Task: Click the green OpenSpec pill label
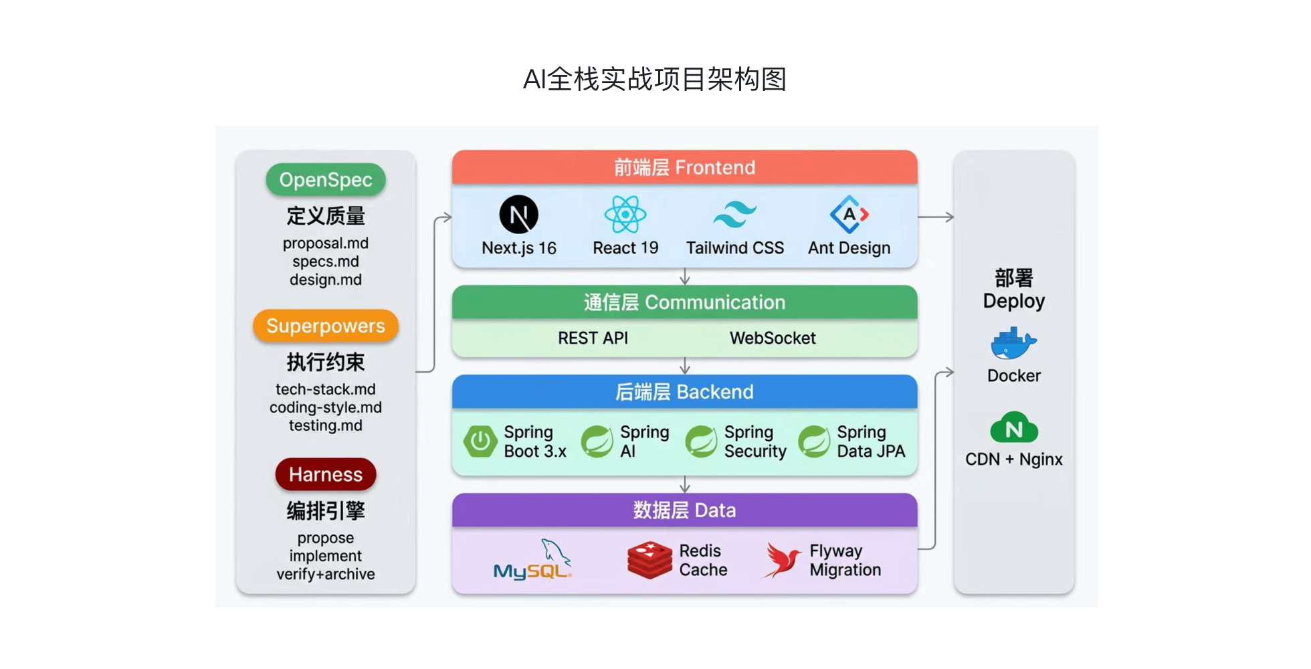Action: point(326,179)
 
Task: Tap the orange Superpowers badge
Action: point(326,326)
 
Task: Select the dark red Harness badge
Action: point(326,474)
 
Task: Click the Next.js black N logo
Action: point(519,215)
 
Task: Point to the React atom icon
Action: point(625,215)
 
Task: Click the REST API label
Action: point(593,338)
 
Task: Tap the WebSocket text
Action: point(773,338)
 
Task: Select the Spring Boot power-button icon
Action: point(480,442)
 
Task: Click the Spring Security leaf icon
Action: point(702,442)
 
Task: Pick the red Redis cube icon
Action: point(649,560)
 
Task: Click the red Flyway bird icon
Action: point(782,560)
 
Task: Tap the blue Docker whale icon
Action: point(1013,343)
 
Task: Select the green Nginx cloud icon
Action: point(1014,427)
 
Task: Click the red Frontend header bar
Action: point(684,167)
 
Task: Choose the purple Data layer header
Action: point(684,510)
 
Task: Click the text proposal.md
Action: point(326,243)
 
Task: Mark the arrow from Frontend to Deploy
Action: point(936,217)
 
